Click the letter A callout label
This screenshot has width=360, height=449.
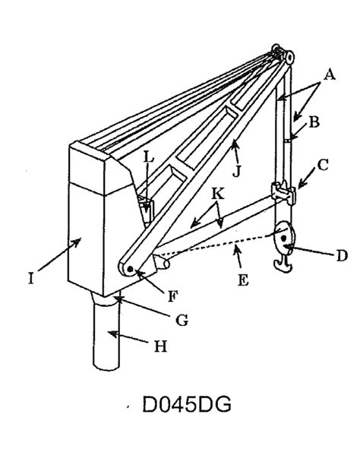click(x=330, y=75)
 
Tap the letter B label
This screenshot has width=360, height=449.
click(x=314, y=122)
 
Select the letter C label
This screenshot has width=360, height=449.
click(x=323, y=165)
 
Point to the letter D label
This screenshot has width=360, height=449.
click(x=342, y=256)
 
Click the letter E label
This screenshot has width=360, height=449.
click(x=243, y=280)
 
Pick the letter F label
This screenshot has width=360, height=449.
click(x=172, y=296)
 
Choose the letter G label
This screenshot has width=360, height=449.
click(x=182, y=320)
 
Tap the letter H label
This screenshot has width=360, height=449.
click(x=160, y=346)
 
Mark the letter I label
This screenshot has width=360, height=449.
click(x=31, y=279)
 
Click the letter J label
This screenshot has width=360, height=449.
click(x=236, y=172)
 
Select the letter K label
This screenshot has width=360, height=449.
click(x=218, y=194)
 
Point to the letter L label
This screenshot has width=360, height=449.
click(x=149, y=157)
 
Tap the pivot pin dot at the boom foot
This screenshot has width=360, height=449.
click(x=131, y=269)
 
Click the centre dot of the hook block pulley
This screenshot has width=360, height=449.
click(x=283, y=238)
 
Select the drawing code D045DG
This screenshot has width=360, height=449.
click(x=187, y=405)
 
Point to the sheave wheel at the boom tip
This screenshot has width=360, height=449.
click(x=289, y=57)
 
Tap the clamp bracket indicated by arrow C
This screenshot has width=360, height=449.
click(x=283, y=192)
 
